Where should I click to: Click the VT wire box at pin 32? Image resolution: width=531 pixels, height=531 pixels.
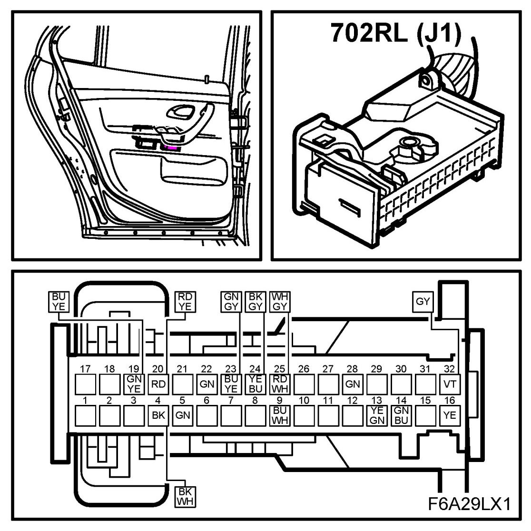click(450, 383)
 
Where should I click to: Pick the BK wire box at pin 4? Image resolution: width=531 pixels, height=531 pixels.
click(158, 415)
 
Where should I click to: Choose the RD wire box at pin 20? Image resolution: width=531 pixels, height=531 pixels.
click(158, 383)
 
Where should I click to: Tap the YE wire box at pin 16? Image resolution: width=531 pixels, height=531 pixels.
click(450, 415)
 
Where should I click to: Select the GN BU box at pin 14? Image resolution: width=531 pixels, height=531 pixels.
click(401, 415)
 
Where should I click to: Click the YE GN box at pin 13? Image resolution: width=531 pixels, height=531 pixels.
click(377, 415)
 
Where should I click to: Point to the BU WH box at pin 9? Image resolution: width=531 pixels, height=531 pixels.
click(280, 415)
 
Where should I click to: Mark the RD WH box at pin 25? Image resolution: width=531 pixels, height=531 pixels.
click(280, 383)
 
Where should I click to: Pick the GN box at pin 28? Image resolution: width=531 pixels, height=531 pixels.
click(353, 383)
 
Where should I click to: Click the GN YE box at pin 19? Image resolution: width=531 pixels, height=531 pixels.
click(134, 383)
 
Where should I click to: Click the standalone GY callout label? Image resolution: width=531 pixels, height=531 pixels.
click(423, 301)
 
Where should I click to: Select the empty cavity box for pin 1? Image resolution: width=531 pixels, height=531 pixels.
click(85, 415)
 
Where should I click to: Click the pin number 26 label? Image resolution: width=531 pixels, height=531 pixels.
click(304, 369)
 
